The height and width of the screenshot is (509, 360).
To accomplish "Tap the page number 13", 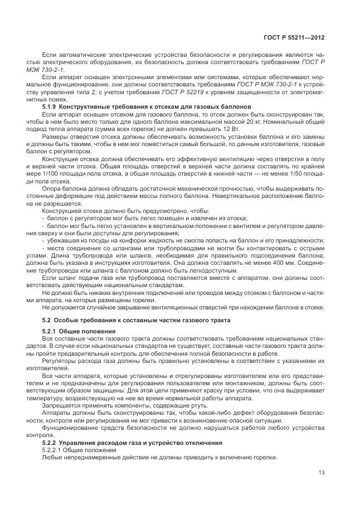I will [320, 473].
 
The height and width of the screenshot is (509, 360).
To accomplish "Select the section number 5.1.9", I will [50, 106].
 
